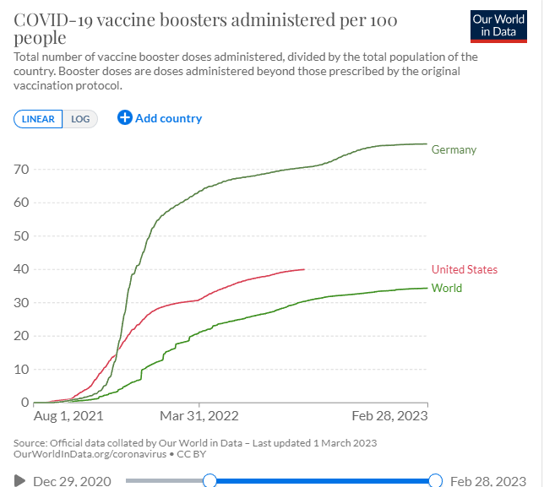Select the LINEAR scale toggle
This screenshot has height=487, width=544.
click(x=38, y=119)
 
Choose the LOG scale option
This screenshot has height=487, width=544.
click(x=80, y=119)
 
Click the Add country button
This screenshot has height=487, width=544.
click(x=160, y=118)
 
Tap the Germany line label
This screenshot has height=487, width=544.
click(x=454, y=150)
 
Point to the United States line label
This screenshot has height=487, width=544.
click(x=464, y=270)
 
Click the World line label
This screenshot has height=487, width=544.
click(x=446, y=289)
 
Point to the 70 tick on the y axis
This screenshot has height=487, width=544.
click(x=21, y=170)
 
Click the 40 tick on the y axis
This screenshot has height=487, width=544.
click(x=21, y=269)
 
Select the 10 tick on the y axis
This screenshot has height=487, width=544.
click(x=21, y=369)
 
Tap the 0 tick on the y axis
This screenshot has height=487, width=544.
click(x=24, y=402)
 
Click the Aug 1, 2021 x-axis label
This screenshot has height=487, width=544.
click(x=68, y=416)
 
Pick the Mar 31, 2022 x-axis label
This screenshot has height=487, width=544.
click(x=199, y=416)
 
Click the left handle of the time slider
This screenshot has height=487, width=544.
click(x=210, y=480)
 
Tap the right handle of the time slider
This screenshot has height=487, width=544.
click(x=436, y=480)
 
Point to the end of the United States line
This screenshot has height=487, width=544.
click(x=304, y=269)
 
